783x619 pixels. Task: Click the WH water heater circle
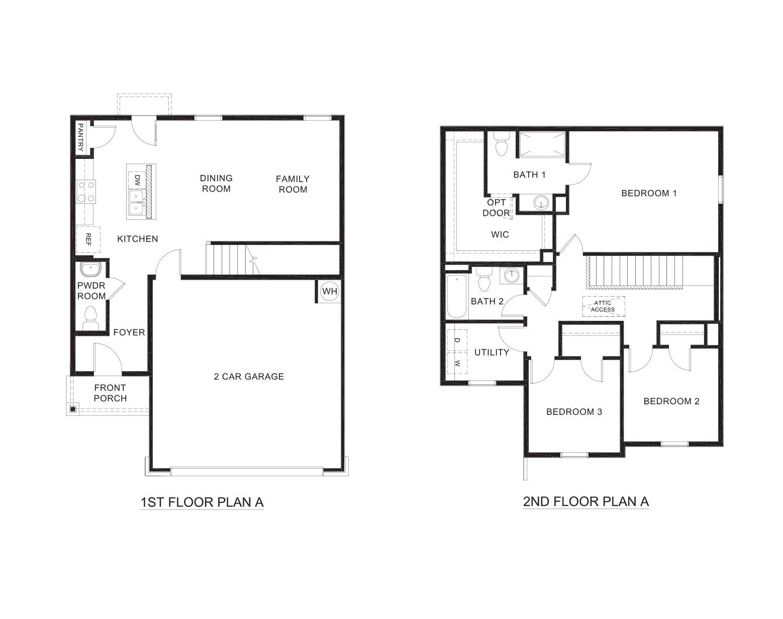click(x=329, y=291)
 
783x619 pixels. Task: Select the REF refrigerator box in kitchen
click(x=88, y=239)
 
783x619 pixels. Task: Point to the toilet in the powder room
click(x=90, y=317)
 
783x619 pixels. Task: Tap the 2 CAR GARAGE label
click(x=249, y=376)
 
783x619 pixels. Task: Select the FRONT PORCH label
click(x=110, y=393)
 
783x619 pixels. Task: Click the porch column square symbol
click(x=73, y=409)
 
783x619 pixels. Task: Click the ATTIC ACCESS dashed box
click(x=603, y=306)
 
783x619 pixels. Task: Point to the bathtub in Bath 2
click(x=456, y=297)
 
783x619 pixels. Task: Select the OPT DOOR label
click(x=496, y=208)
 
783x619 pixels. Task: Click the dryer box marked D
click(x=457, y=340)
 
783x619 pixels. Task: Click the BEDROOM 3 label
click(x=574, y=412)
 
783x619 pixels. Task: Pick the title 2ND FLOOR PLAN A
click(x=585, y=501)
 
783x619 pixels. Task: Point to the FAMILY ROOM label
click(x=292, y=184)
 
